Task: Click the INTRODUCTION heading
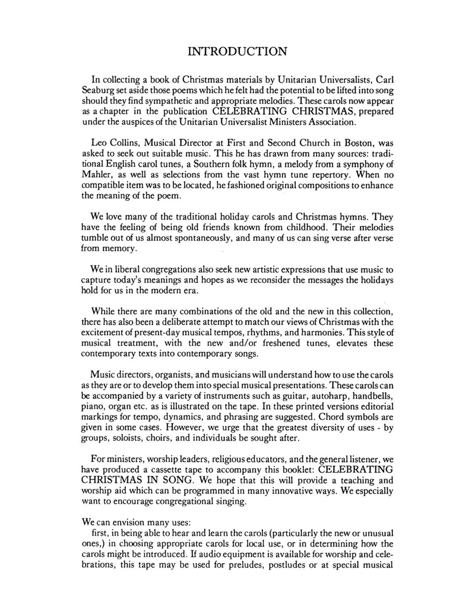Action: (237, 51)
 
